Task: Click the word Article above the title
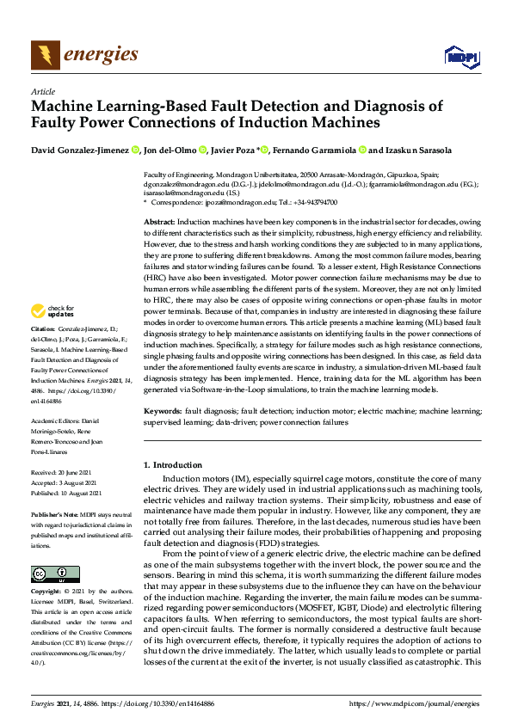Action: click(42, 91)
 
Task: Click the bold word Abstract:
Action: click(159, 222)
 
